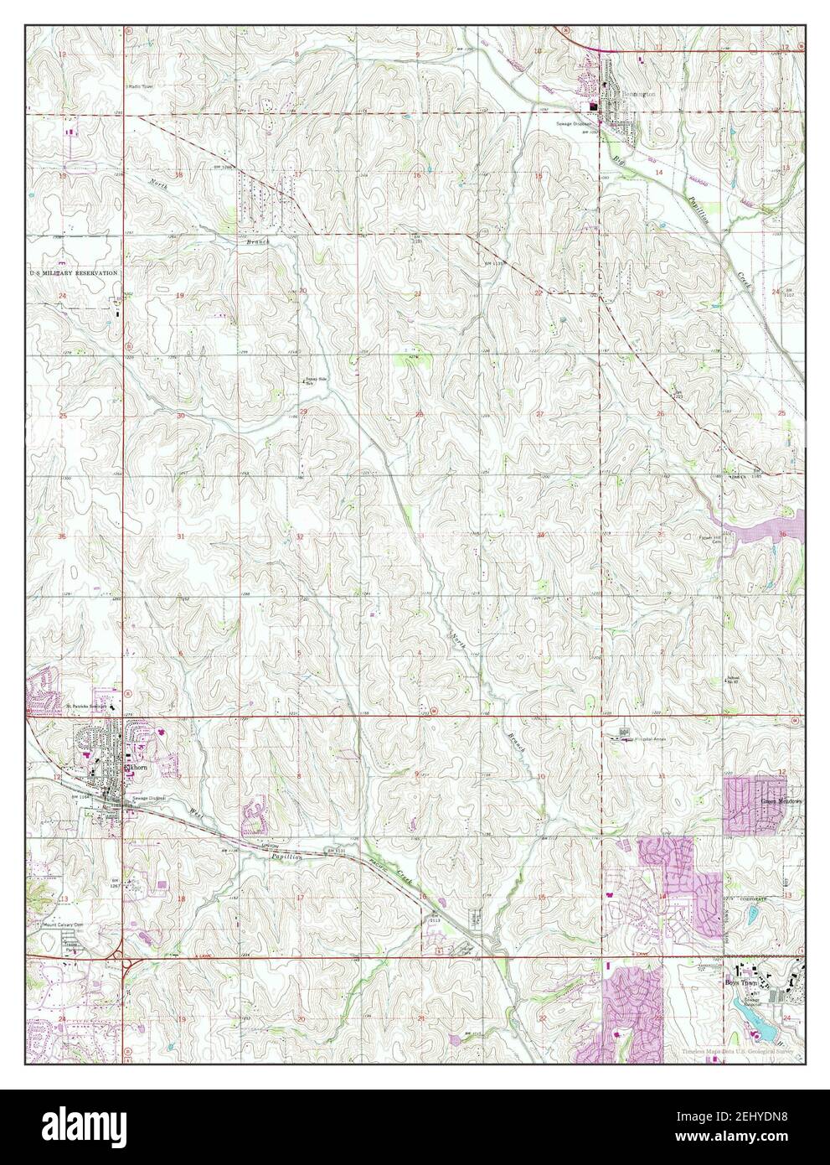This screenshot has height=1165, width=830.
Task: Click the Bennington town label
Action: click(636, 96)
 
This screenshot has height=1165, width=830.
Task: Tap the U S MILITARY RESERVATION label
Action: click(74, 273)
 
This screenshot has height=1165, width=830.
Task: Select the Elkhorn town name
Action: click(136, 767)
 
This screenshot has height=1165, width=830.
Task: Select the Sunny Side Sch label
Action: click(314, 381)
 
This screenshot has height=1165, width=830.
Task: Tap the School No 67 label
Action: click(735, 676)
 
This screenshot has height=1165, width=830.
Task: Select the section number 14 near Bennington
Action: click(659, 172)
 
